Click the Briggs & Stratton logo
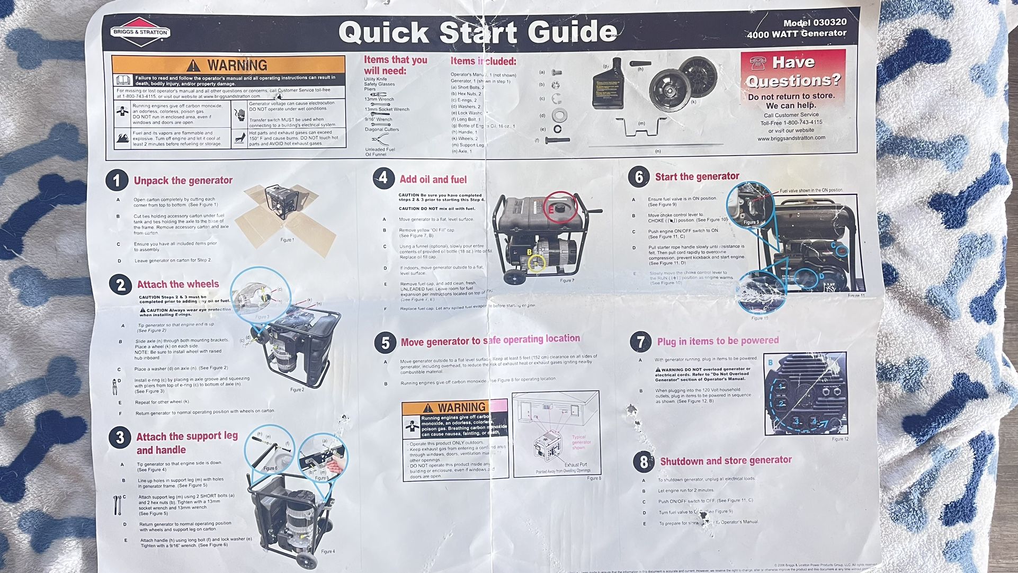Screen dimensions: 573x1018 click(x=140, y=32)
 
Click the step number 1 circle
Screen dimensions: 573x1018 click(x=117, y=180)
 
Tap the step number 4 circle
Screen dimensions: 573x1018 click(x=383, y=178)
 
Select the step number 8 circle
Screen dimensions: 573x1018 click(x=644, y=462)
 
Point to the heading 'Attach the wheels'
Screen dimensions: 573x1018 click(x=178, y=284)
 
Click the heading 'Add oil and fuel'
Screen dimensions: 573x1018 click(x=433, y=180)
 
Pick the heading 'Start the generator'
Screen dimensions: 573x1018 click(x=697, y=177)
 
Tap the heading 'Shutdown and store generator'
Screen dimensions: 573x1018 click(x=726, y=461)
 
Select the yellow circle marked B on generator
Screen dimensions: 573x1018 click(x=537, y=262)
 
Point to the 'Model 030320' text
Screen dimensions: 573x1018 click(x=815, y=23)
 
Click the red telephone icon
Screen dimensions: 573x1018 click(x=758, y=63)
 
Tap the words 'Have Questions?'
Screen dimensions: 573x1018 click(x=793, y=71)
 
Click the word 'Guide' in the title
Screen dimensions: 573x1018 click(x=573, y=32)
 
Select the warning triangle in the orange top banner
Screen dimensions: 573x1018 click(x=193, y=66)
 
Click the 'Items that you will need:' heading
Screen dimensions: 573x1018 click(x=395, y=65)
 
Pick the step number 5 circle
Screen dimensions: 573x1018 click(x=385, y=343)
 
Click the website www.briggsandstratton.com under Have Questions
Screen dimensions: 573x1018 click(x=791, y=138)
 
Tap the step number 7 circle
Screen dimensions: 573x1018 click(x=640, y=342)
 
